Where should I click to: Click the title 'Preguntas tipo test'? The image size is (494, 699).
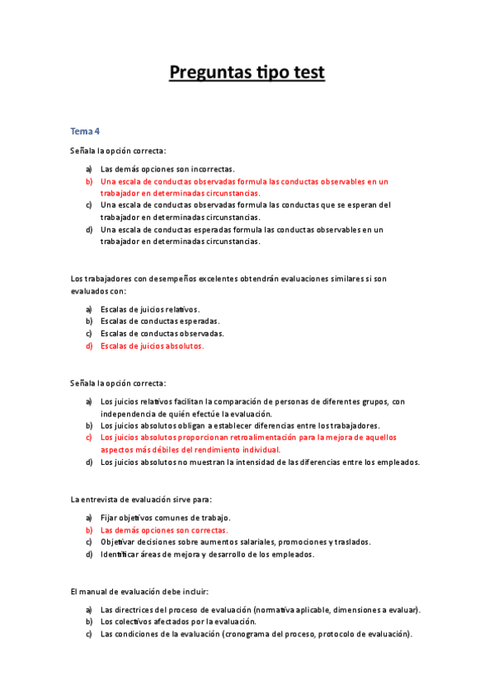[247, 73]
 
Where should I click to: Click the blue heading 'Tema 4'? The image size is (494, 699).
[85, 131]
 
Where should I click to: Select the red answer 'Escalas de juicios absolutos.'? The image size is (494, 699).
[152, 346]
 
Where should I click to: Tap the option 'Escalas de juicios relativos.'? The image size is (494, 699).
[150, 309]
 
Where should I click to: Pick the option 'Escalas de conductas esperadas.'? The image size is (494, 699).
[154, 321]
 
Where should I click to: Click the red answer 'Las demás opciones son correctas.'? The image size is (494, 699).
[164, 530]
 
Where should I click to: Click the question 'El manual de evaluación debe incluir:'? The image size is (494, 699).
[139, 591]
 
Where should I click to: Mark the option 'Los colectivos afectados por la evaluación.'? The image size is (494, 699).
[178, 622]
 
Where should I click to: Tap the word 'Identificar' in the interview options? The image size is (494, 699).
[122, 555]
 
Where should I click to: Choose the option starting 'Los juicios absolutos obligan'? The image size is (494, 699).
[240, 425]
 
